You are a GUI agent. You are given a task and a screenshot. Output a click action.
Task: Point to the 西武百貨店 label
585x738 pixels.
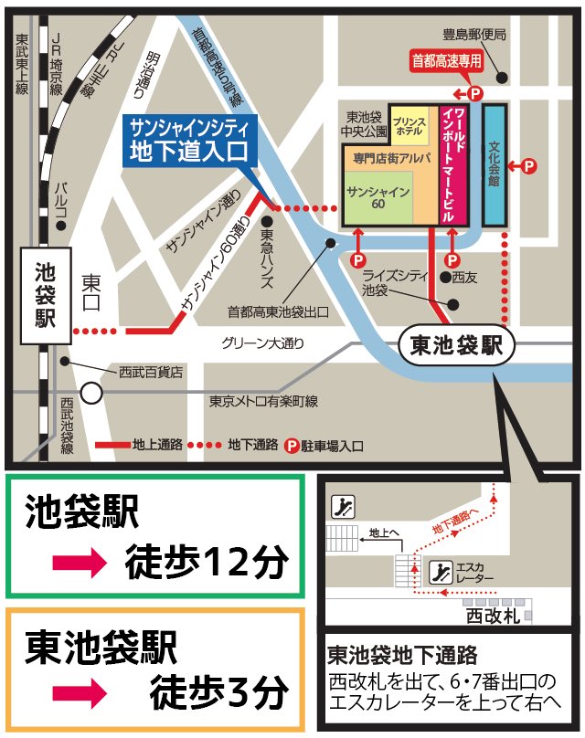click(151, 372)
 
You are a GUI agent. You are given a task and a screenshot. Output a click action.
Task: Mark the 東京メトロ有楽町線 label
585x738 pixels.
click(263, 401)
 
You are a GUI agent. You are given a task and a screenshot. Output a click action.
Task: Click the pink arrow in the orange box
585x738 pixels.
click(81, 692)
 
